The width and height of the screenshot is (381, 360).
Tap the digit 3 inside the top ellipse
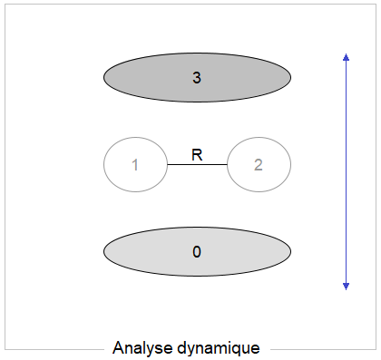point(197,78)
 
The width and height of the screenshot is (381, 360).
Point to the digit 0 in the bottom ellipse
point(197,251)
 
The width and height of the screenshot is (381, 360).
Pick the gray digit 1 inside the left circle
point(135,165)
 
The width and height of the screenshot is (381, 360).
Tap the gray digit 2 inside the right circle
point(259,165)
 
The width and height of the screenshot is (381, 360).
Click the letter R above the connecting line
point(197,155)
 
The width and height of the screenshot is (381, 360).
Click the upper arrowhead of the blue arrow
point(346,57)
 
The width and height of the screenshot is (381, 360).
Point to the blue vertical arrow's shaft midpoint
point(346,171)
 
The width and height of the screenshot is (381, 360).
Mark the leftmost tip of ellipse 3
point(104,78)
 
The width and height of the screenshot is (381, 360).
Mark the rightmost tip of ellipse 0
point(290,251)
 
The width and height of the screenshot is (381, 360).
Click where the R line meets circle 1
point(167,165)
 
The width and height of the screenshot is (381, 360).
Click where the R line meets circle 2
point(227,165)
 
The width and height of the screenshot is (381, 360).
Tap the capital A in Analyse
point(118,347)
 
